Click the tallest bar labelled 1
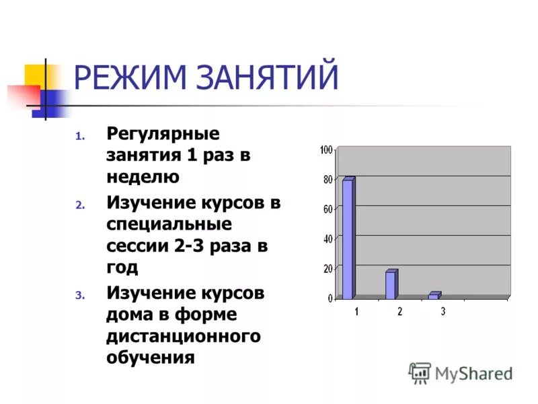click(348, 238)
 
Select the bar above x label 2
click(391, 284)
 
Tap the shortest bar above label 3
click(434, 296)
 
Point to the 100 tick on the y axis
click(326, 149)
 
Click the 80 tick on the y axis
click(328, 179)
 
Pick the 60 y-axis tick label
click(328, 209)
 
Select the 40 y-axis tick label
click(328, 238)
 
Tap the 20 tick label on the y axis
click(328, 268)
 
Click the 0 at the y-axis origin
click(330, 298)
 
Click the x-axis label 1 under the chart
click(356, 311)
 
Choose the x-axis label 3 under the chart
click(443, 311)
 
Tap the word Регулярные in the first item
click(163, 134)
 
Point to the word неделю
click(143, 177)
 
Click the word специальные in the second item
click(168, 224)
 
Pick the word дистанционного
click(183, 335)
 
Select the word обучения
click(150, 357)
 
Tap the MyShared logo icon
click(420, 372)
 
